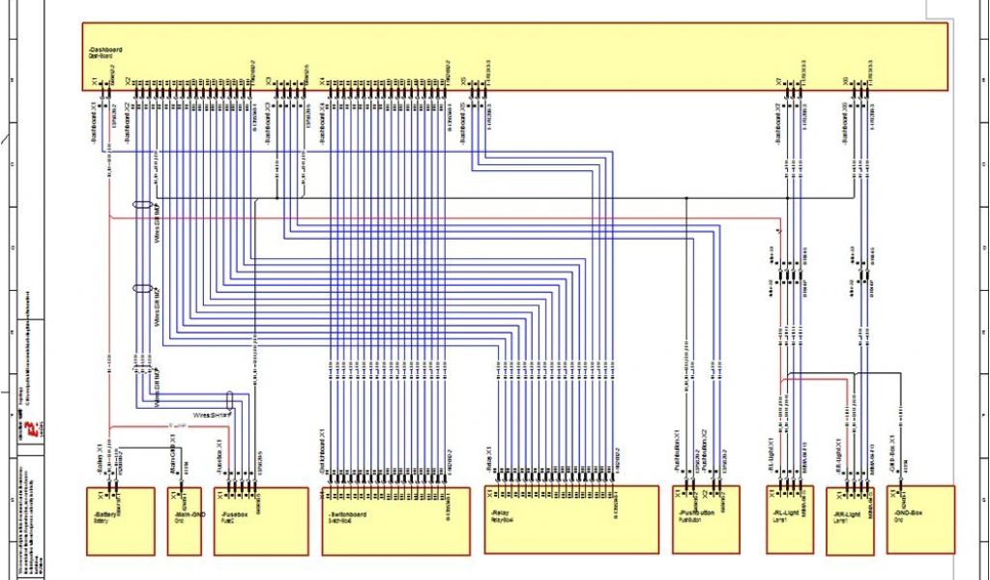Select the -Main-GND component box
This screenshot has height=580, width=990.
coord(185,527)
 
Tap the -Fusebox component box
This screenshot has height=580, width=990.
coord(260,527)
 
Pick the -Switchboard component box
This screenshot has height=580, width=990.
coord(395,527)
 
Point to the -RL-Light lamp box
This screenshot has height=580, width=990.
coord(790,527)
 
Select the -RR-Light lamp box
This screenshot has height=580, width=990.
coord(850,527)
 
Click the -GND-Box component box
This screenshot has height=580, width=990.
coord(920,527)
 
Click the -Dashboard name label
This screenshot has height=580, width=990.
coord(103,48)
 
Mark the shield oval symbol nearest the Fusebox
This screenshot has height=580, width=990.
coord(230,398)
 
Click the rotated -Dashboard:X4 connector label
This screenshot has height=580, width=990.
coord(323,126)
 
